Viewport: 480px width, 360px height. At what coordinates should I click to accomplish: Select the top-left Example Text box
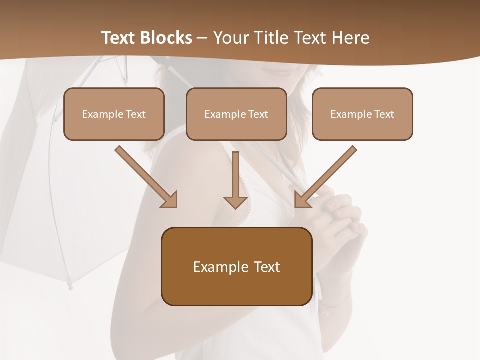click(114, 114)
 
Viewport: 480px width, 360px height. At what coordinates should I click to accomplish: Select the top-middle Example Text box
click(236, 114)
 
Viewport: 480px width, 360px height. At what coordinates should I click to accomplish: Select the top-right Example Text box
click(362, 114)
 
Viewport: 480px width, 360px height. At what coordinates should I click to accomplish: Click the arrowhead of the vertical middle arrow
click(235, 202)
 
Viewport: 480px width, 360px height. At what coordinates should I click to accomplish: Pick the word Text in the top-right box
click(384, 114)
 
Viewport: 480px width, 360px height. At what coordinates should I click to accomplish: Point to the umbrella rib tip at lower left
click(69, 286)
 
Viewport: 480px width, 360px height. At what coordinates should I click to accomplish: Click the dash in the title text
click(202, 38)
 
